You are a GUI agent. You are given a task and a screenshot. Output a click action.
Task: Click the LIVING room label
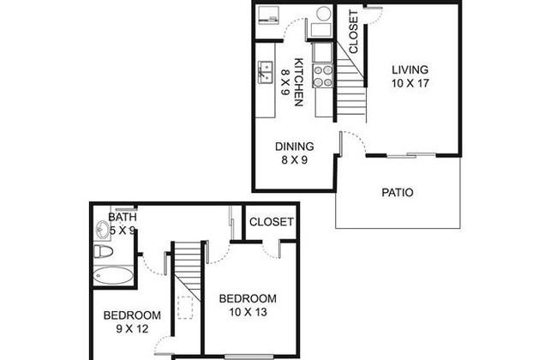410,69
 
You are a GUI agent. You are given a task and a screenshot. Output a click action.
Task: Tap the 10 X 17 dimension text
410,83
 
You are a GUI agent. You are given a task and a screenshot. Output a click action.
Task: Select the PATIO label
398,193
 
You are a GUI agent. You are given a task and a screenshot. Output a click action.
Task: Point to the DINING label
295,147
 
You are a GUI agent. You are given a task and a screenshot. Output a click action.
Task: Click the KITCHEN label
299,82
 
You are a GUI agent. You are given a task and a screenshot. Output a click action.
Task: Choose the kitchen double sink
265,73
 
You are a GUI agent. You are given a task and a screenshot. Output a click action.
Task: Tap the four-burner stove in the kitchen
323,75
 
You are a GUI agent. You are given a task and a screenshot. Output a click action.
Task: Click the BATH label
123,217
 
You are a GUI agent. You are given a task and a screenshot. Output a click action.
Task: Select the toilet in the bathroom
103,252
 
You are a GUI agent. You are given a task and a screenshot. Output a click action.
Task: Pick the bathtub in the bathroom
113,275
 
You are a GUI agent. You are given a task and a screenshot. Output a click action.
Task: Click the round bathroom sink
103,230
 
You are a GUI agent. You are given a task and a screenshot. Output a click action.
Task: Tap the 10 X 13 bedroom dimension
248,312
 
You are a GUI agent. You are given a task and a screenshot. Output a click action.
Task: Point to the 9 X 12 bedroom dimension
132,329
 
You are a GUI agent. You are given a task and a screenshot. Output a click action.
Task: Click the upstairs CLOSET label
272,222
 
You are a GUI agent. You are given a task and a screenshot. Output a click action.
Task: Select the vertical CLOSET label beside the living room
353,32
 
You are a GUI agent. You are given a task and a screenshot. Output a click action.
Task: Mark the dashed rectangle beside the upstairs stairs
185,308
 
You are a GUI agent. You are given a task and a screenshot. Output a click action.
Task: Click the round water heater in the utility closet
324,14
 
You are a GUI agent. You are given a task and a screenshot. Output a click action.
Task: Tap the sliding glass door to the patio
411,155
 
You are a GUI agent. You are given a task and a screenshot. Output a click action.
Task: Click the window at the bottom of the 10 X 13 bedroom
249,357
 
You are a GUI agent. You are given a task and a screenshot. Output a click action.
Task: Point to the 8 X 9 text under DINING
295,160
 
